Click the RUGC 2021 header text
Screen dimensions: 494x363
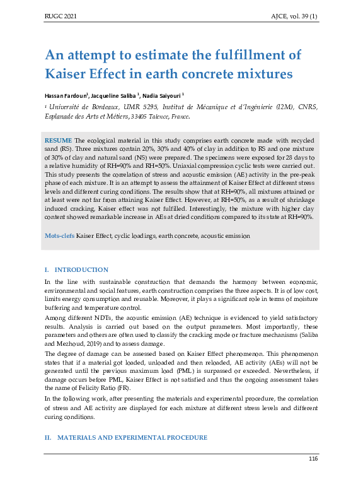[x=60, y=15]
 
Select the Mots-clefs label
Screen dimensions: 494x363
[x=59, y=235]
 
